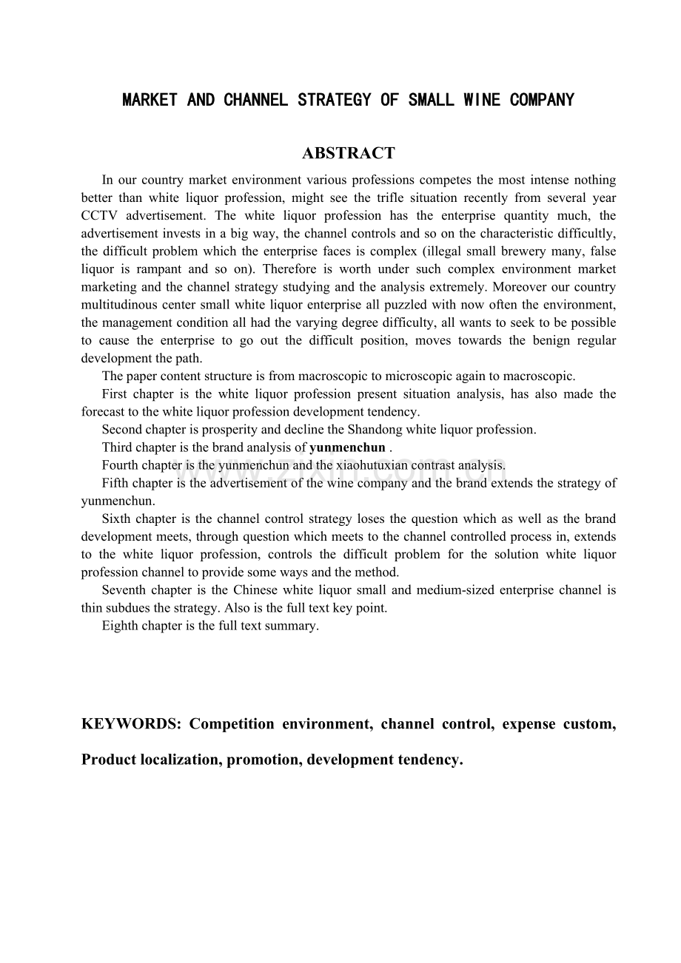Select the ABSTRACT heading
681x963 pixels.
click(348, 153)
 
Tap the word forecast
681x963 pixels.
click(101, 412)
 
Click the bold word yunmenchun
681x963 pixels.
click(347, 447)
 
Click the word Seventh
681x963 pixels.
click(124, 590)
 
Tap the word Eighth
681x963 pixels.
click(120, 626)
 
